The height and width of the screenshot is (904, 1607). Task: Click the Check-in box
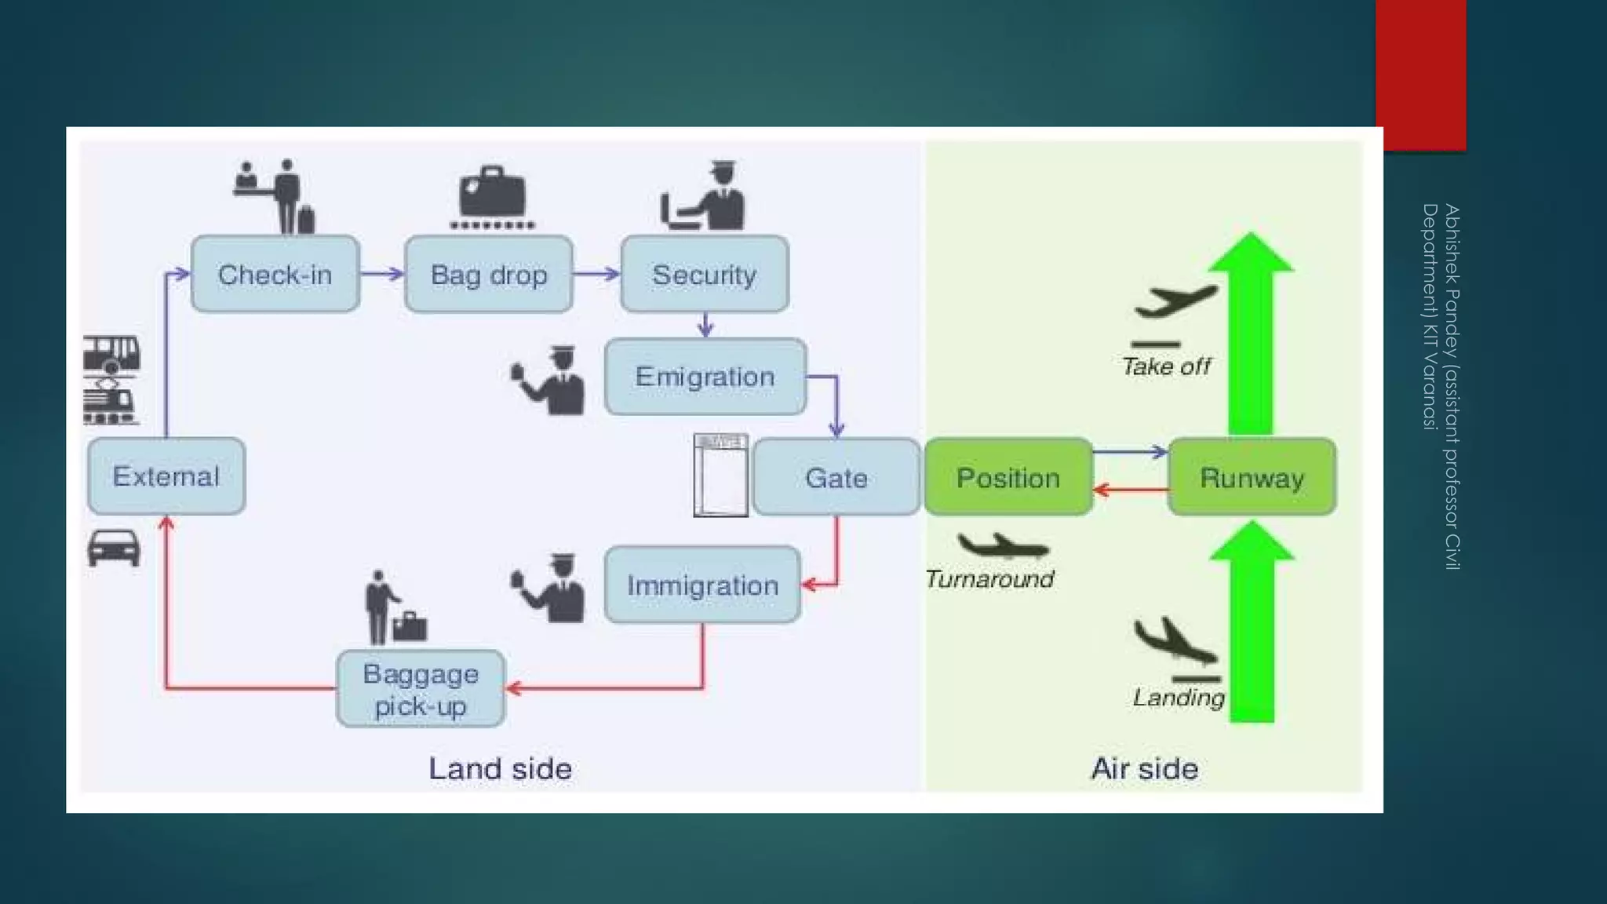[275, 275]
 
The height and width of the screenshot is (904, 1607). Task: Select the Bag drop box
[489, 275]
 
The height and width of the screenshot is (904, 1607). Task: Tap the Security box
[704, 275]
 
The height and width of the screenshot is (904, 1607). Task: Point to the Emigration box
[705, 377]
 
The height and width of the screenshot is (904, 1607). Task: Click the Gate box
[836, 477]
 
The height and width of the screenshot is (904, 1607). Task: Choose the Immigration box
[702, 585]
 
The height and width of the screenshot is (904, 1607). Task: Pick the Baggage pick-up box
[421, 689]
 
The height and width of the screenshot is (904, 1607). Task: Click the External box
[166, 476]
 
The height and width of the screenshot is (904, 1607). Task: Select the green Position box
[1008, 477]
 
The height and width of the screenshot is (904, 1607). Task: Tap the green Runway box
[1252, 477]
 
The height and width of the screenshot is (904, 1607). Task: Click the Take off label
[1166, 366]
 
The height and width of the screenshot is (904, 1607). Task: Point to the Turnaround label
[989, 579]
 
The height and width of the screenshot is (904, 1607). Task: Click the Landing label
[1178, 697]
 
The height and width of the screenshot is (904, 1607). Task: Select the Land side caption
[500, 768]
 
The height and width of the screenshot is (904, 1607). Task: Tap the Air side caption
[1144, 768]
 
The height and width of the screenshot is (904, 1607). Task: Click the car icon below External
[114, 547]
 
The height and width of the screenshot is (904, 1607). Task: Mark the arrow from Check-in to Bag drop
[382, 274]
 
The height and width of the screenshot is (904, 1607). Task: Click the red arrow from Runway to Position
[1130, 490]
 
